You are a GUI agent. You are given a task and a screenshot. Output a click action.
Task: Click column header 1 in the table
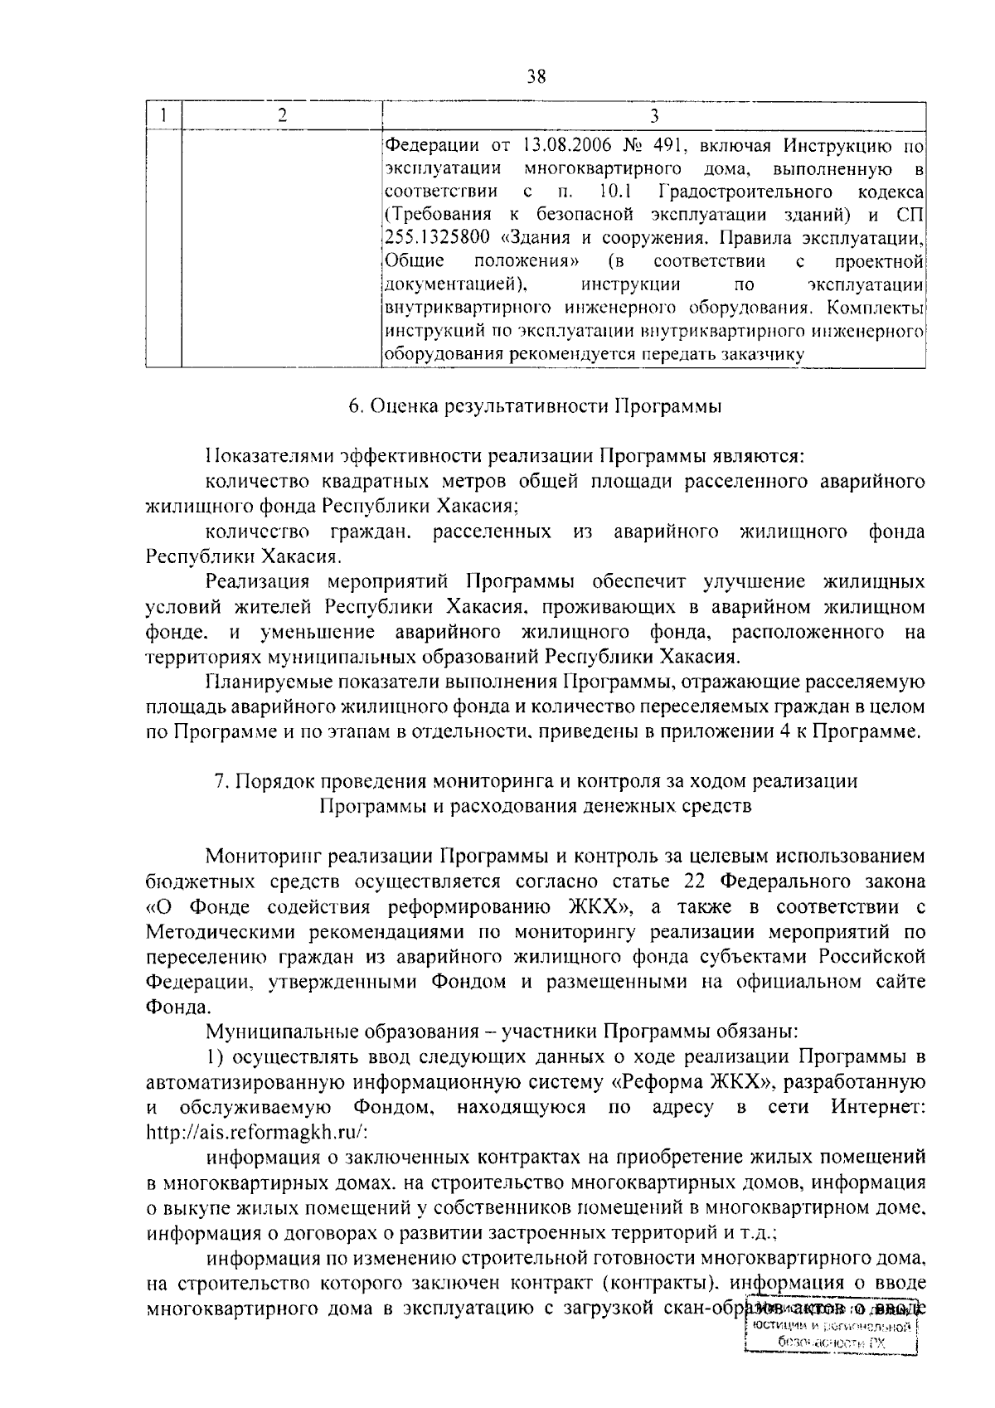164,116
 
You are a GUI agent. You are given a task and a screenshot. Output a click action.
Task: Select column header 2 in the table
282,116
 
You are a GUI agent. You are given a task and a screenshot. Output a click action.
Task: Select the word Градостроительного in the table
745,192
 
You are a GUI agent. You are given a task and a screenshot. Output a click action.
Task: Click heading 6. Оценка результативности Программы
535,406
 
